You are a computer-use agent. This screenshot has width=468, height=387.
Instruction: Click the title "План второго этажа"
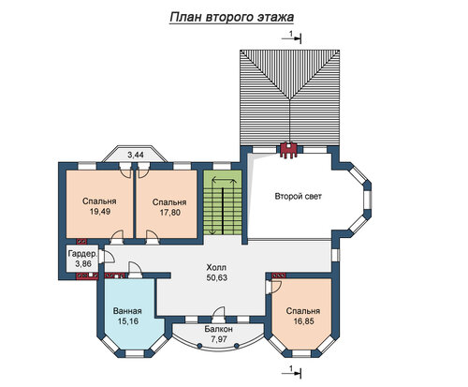[232, 18]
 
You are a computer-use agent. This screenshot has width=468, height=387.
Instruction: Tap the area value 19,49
[100, 212]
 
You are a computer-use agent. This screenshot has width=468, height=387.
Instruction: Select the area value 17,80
[169, 213]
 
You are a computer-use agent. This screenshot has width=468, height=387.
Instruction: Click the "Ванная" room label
[127, 311]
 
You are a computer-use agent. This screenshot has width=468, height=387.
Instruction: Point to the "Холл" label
[216, 267]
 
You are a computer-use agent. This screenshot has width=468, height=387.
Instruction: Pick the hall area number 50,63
[217, 277]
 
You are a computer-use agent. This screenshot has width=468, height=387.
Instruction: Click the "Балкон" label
[219, 329]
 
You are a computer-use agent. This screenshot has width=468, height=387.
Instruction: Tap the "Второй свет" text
[298, 197]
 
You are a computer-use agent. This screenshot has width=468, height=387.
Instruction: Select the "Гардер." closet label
[83, 253]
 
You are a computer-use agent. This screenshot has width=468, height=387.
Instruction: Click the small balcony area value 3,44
[136, 155]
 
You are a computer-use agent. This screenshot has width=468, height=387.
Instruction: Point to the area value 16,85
[303, 321]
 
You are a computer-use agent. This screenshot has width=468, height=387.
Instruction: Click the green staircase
[223, 202]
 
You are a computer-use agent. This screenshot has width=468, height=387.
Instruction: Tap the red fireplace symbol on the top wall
[289, 150]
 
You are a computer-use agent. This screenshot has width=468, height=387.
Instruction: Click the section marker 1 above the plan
[292, 37]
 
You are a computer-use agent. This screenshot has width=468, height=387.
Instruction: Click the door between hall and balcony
[218, 315]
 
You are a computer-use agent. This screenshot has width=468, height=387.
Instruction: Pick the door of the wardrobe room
[106, 258]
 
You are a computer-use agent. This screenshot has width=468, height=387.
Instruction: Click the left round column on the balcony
[199, 346]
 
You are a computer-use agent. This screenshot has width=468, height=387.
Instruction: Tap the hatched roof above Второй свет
[289, 97]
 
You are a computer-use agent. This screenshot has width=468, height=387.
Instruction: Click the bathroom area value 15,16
[127, 321]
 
